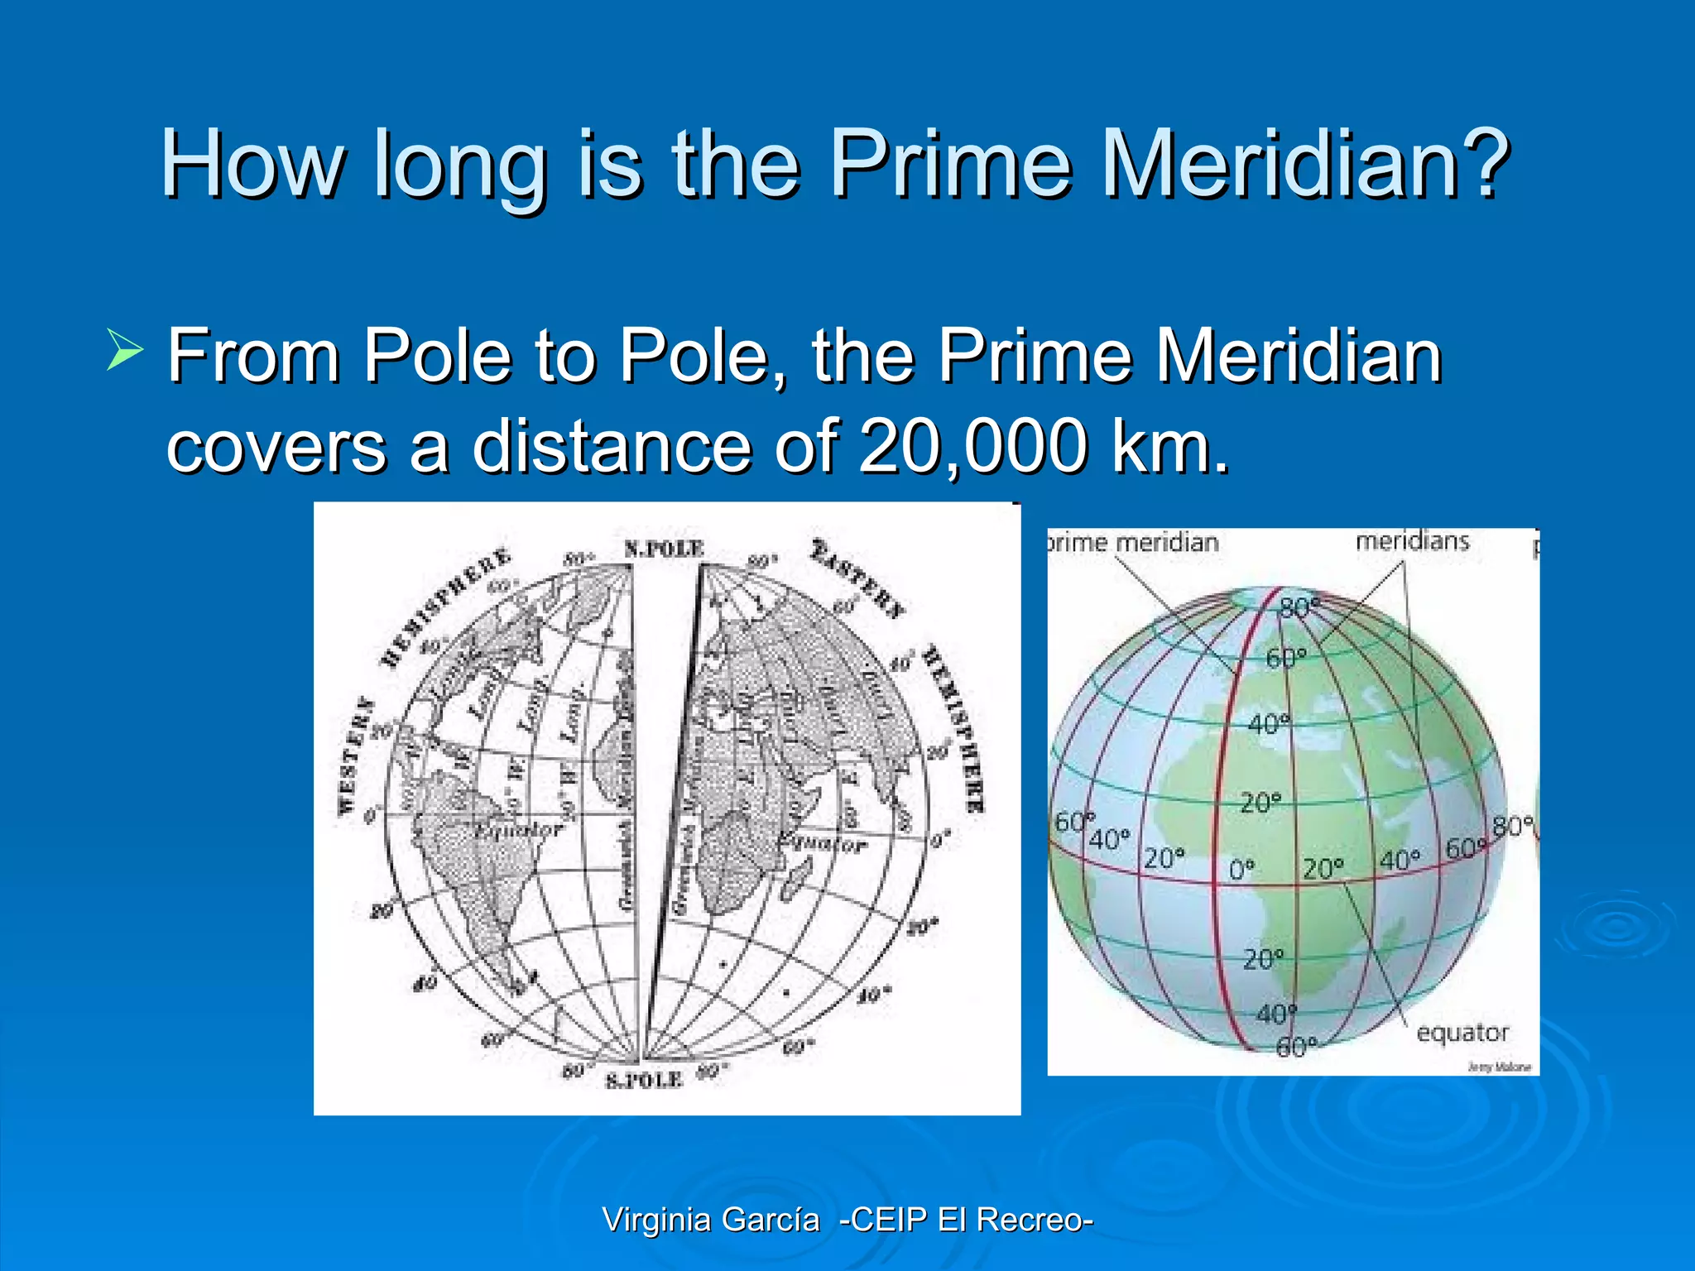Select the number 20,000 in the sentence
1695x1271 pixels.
973,447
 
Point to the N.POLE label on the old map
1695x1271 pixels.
664,549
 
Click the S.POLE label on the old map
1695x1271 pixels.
644,1080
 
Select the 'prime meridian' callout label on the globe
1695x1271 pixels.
1133,543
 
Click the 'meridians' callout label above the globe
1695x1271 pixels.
1412,541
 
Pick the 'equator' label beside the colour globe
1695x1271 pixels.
1462,1033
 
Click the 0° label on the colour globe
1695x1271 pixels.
1241,870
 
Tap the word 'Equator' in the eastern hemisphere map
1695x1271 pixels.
822,843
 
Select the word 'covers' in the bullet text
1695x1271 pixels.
276,447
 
